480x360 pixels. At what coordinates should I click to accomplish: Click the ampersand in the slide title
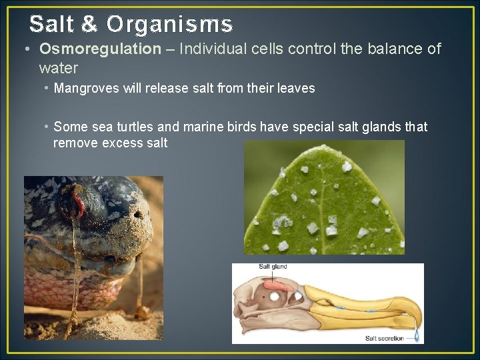tap(90, 25)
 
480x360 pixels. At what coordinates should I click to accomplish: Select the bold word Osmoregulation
tap(100, 49)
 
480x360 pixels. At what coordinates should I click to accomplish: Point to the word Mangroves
tap(85, 88)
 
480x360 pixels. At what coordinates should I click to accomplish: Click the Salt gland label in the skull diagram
tap(273, 267)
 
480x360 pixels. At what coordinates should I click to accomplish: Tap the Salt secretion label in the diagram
tap(385, 338)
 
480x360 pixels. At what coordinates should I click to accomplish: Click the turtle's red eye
tap(78, 203)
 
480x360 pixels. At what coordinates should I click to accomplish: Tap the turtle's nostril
tap(138, 215)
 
